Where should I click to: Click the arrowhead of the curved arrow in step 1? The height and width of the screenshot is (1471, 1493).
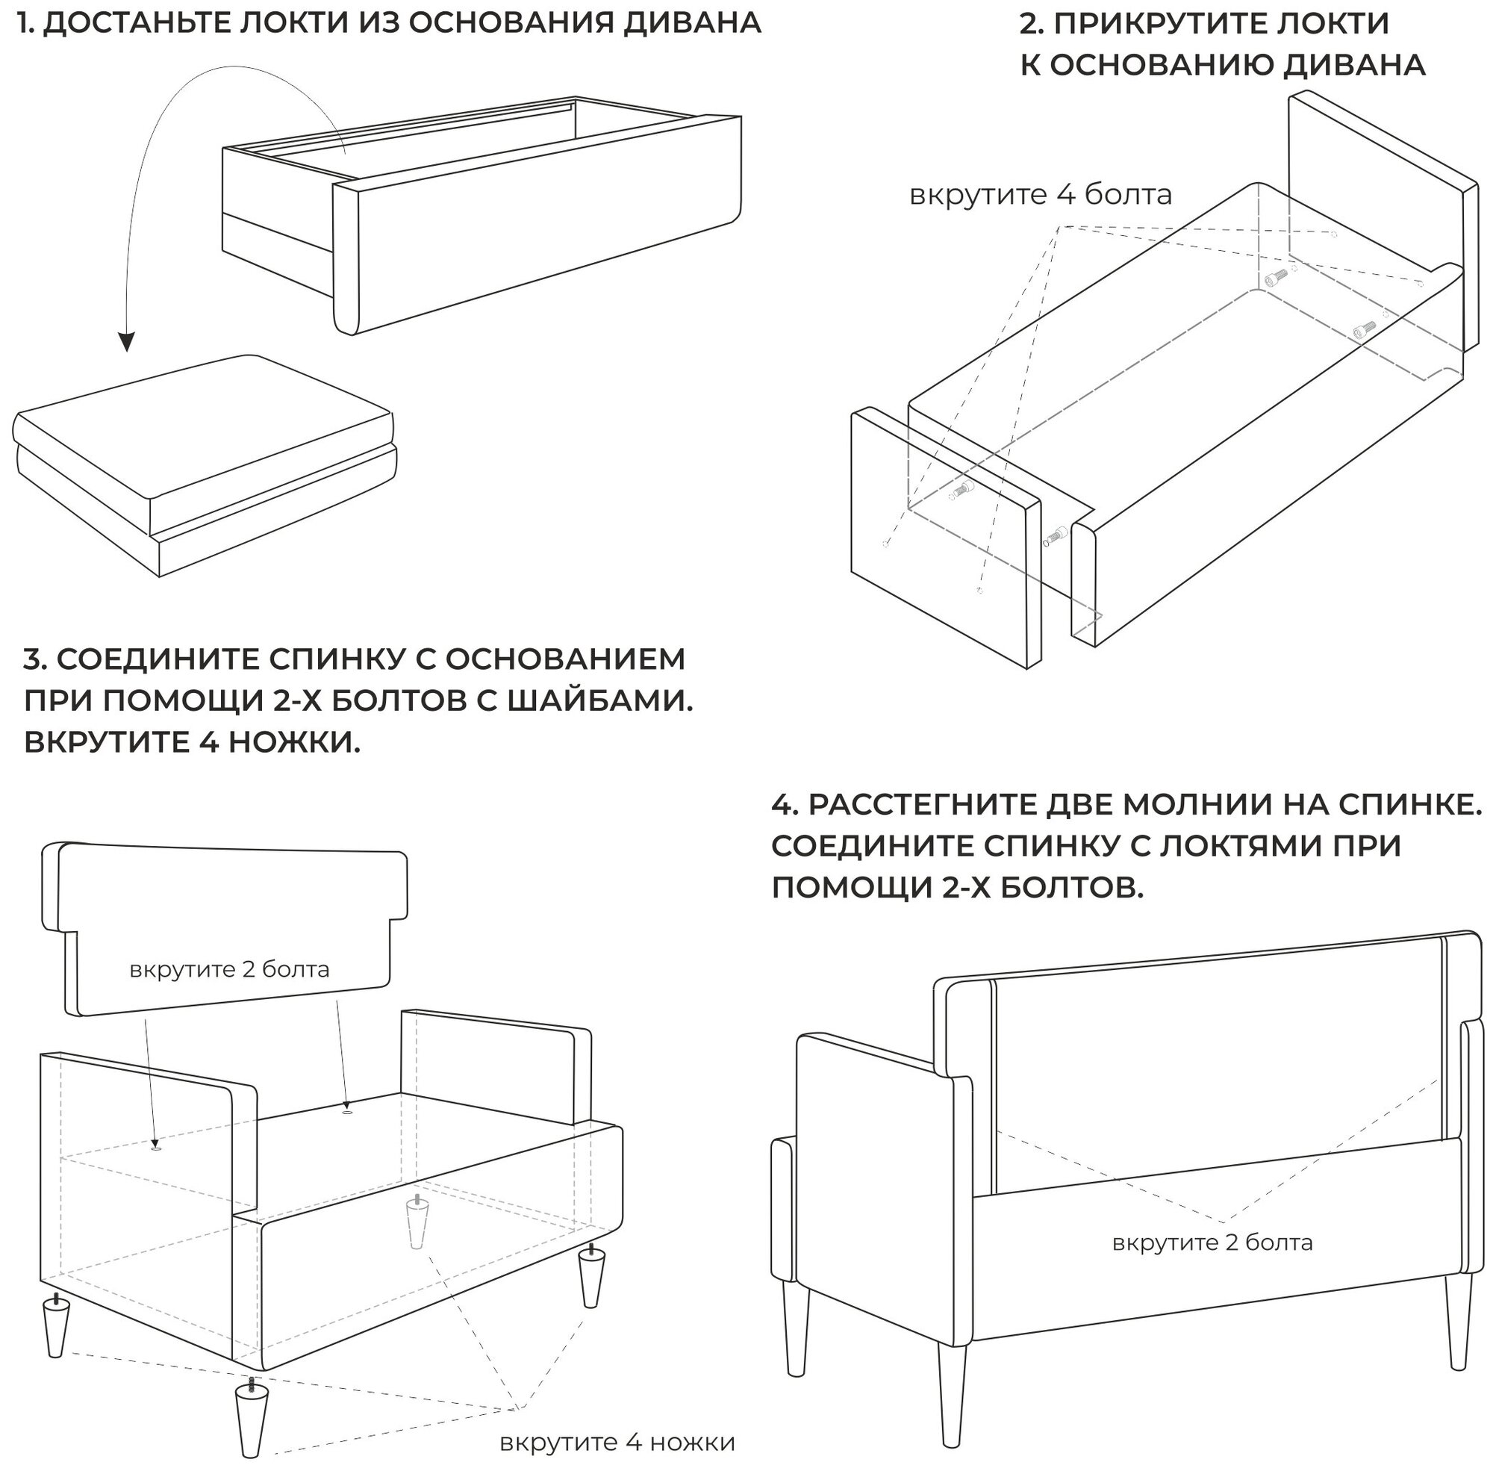(126, 341)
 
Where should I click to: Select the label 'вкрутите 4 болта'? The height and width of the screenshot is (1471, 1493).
(1040, 195)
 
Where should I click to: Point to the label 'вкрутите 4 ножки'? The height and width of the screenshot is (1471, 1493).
(617, 1443)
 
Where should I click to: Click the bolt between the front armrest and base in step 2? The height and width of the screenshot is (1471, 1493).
(1055, 535)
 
